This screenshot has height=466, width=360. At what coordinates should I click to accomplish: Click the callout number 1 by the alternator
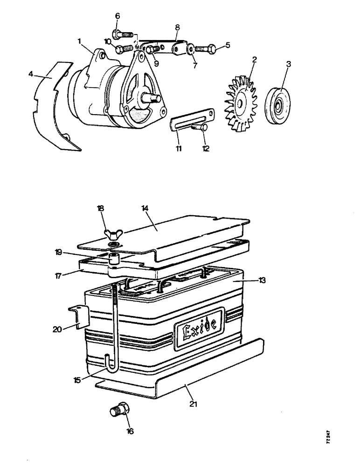(x=80, y=41)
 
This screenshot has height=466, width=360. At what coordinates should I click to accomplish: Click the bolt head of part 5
(x=212, y=47)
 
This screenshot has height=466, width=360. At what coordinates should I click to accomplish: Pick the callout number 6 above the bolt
(x=117, y=16)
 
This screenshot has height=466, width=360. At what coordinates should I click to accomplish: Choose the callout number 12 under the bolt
(x=206, y=149)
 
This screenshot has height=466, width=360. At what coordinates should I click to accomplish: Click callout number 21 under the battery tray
(x=193, y=404)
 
